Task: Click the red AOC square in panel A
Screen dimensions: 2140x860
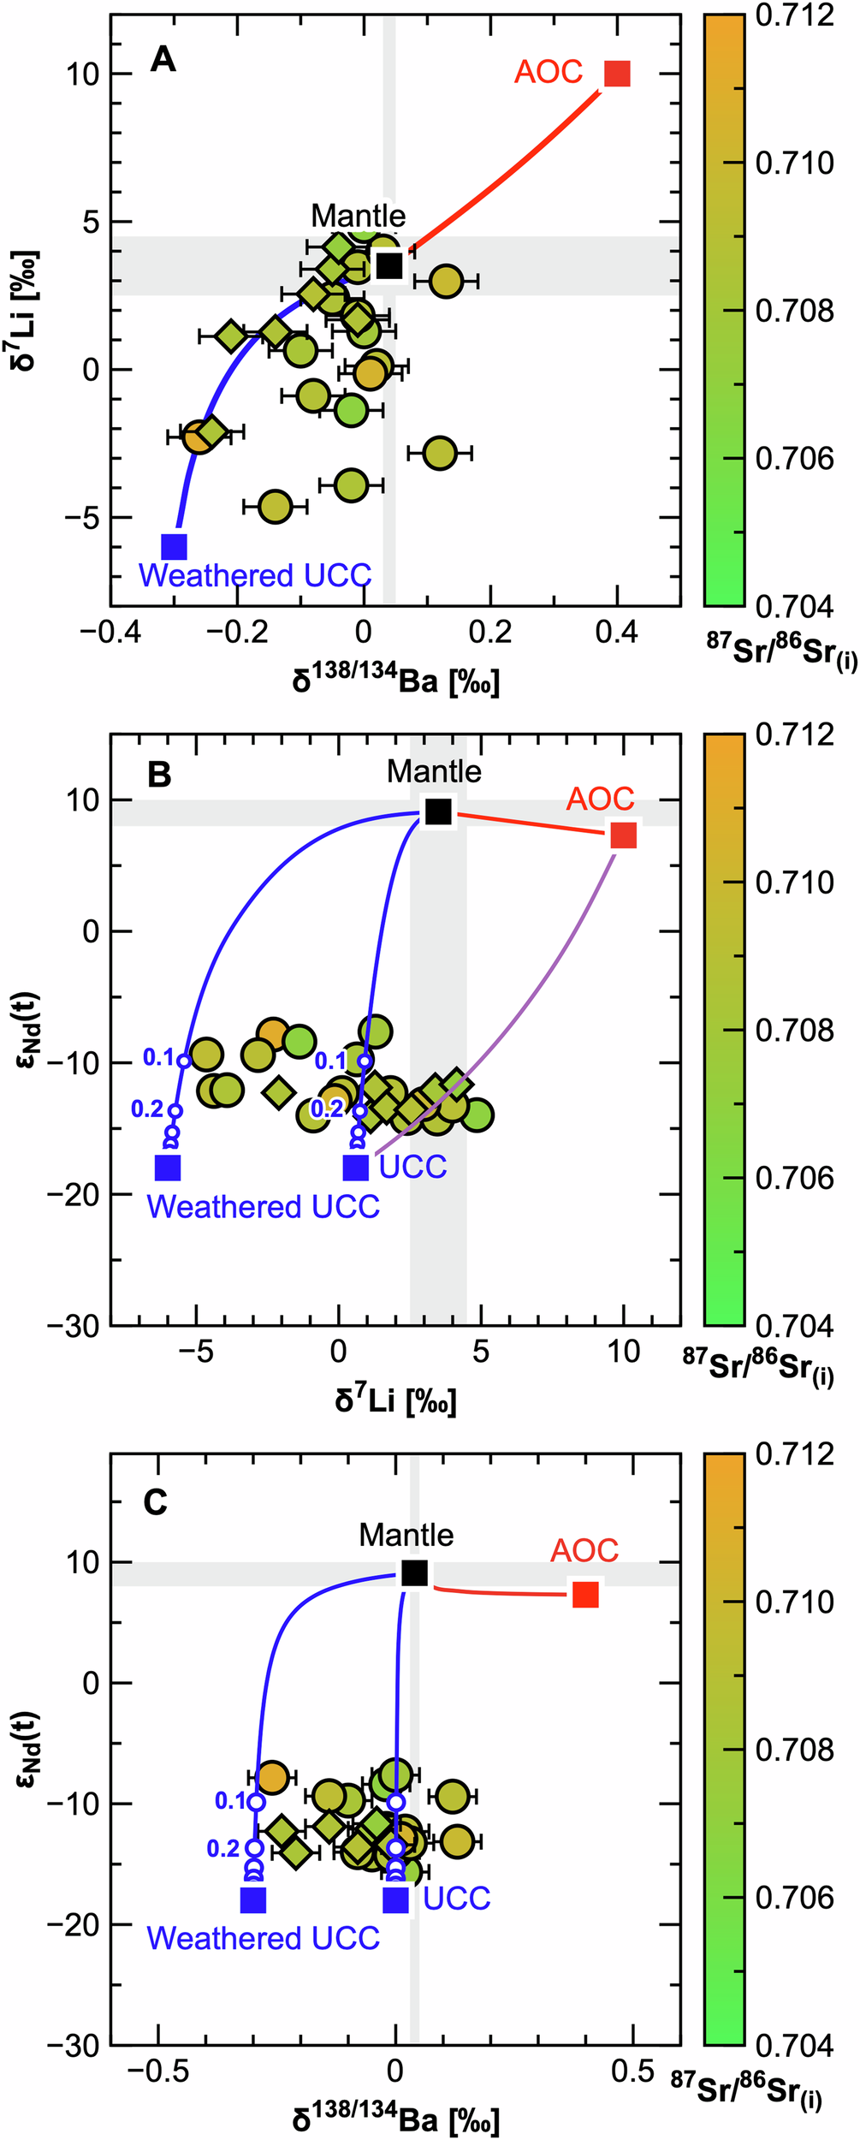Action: (617, 74)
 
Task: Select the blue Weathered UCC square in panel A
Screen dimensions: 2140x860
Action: (175, 546)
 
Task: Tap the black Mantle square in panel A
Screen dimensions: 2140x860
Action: (389, 265)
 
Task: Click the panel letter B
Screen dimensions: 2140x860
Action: (159, 775)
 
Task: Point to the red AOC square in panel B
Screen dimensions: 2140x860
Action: (624, 835)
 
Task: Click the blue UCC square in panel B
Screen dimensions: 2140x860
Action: (356, 1167)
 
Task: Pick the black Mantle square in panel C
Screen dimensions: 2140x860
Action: (415, 1572)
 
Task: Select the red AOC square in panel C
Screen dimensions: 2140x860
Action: (585, 1594)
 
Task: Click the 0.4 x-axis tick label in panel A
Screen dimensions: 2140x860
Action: (616, 633)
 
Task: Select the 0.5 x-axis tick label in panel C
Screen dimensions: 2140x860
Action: (633, 2071)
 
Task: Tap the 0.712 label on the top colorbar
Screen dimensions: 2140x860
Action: (794, 15)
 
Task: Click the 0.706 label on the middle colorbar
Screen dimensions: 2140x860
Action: (794, 1178)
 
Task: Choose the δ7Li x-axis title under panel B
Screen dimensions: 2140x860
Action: (395, 1400)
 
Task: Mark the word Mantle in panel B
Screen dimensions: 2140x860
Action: (434, 771)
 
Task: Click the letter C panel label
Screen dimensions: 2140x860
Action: (156, 1502)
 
